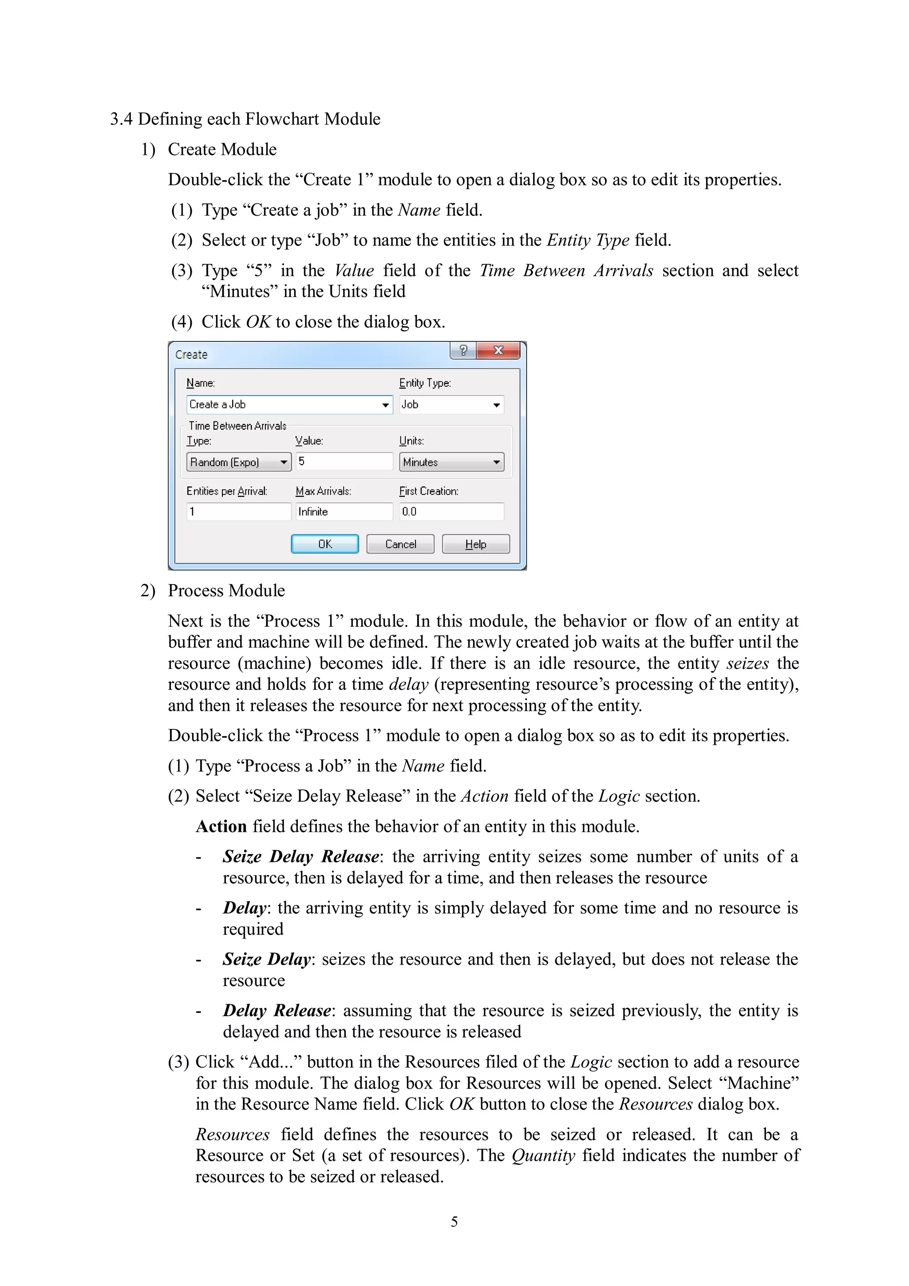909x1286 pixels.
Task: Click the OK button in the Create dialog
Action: pos(324,544)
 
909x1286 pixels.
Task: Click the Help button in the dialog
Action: pos(475,544)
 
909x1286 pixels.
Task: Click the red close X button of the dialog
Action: pos(498,351)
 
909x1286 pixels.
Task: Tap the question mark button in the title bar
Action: pos(463,351)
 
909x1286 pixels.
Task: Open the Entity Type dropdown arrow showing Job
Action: pos(496,405)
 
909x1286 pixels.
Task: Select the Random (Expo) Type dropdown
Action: pos(239,462)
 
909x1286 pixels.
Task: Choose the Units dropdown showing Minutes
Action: pos(451,462)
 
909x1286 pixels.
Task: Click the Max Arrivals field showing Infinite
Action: pos(344,511)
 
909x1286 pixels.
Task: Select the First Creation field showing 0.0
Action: pos(451,511)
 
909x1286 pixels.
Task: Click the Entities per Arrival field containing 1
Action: pos(239,511)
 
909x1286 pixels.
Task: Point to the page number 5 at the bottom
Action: pos(454,1222)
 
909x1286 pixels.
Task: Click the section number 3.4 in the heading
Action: pos(121,119)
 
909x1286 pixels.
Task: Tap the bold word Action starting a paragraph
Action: pos(221,827)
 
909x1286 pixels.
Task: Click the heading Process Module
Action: pos(226,591)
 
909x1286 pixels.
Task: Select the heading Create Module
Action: pos(222,150)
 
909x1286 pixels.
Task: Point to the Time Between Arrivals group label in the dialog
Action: pos(237,426)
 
